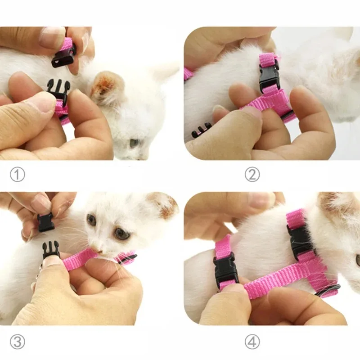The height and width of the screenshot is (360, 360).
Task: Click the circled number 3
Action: pos(17,342)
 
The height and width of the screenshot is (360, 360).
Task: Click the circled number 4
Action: pos(252,342)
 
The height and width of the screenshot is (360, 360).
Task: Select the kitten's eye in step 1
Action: pos(134,143)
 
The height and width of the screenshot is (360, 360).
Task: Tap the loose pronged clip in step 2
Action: pos(201,130)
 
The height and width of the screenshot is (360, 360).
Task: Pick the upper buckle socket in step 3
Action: pos(46,222)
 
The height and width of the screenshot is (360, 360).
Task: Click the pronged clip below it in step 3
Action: pos(51,249)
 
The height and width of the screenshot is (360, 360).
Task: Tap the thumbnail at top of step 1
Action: pos(52,37)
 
